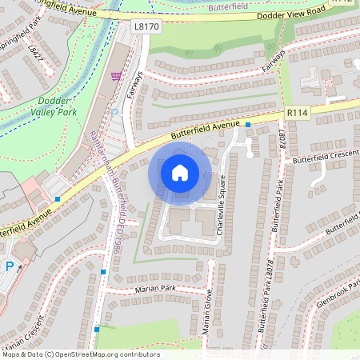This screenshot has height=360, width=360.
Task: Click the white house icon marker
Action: (x=180, y=172)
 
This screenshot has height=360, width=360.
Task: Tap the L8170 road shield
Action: (x=146, y=27)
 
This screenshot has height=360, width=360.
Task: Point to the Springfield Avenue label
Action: (x=64, y=12)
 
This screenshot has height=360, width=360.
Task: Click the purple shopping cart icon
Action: (x=117, y=77)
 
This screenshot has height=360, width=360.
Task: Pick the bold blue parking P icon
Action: (x=10, y=268)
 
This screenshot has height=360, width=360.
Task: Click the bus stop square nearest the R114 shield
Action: (x=249, y=126)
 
